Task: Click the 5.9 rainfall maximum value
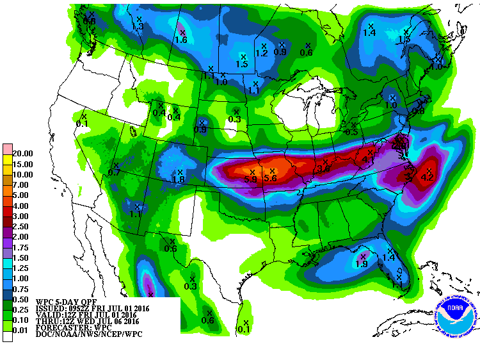(250, 180)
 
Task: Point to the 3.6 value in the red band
(323, 169)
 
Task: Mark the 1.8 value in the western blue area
(179, 180)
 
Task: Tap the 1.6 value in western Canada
(180, 40)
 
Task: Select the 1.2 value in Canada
(261, 53)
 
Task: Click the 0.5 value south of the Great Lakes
(351, 132)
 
